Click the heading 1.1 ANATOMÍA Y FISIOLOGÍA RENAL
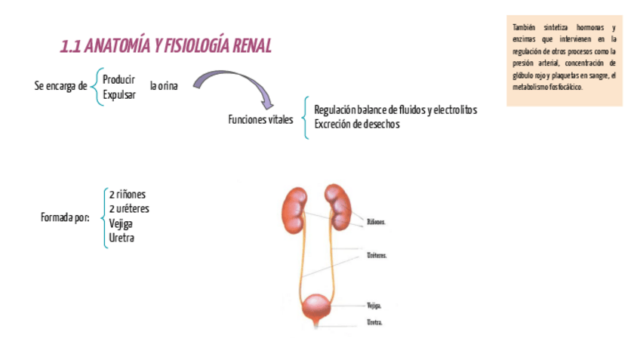coord(165,47)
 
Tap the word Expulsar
coord(119,94)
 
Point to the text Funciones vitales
coord(260,120)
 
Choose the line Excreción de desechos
coord(356,125)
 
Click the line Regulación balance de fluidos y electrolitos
coord(395,110)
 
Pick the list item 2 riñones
coord(127,194)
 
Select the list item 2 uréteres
coord(129,208)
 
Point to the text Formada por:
coord(65,218)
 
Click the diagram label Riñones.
coord(376,223)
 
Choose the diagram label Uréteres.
coord(377,256)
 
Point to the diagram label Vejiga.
coord(374,306)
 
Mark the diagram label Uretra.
coord(374,322)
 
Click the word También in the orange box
coord(524,28)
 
